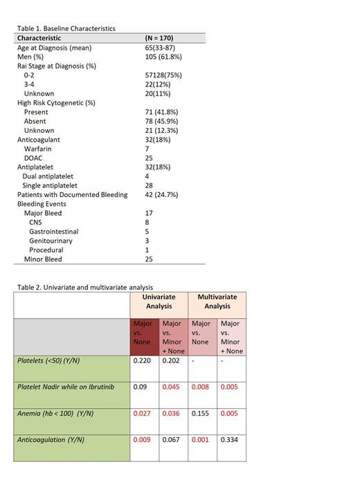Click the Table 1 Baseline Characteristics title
(66, 28)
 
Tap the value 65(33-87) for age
(160, 48)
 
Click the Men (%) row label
(33, 57)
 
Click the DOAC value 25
(149, 158)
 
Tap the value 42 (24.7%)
(163, 194)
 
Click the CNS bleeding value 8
(147, 222)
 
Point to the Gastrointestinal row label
(53, 232)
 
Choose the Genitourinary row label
(51, 241)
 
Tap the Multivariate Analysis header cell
(217, 302)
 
